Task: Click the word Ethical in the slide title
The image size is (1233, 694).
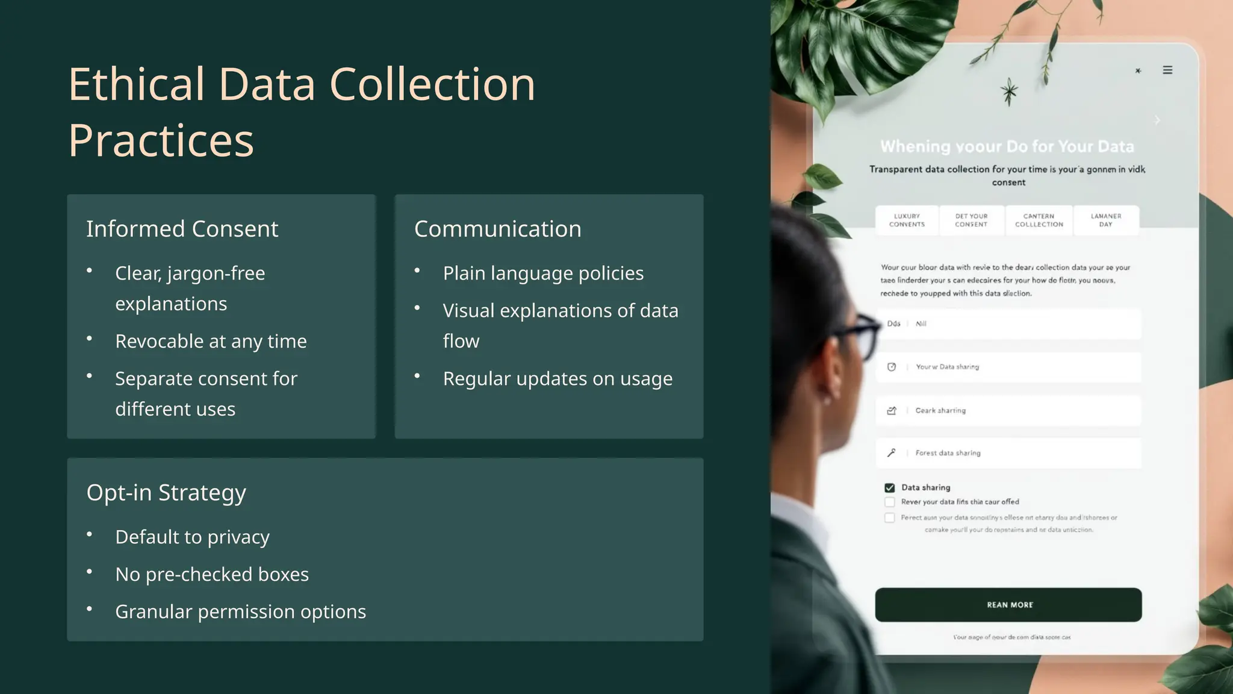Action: tap(137, 84)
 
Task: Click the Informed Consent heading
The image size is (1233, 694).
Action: tap(182, 229)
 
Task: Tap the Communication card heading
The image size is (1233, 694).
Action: tap(497, 229)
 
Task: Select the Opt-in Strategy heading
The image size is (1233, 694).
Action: tap(166, 493)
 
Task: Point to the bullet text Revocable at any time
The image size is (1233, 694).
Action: tap(211, 342)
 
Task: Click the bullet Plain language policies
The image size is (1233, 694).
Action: tap(543, 274)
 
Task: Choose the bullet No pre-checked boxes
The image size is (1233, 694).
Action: tap(212, 575)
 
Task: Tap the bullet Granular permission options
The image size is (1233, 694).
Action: tap(240, 612)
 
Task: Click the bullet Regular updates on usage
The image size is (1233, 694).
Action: tap(557, 379)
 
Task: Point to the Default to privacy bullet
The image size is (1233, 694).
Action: tap(192, 537)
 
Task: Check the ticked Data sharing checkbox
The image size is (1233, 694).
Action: tap(889, 488)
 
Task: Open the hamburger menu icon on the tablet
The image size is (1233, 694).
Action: tap(1167, 70)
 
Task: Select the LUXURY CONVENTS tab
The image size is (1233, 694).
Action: tap(907, 220)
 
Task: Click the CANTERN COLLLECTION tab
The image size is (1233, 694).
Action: tap(1039, 220)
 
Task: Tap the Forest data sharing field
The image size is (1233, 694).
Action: tap(1008, 453)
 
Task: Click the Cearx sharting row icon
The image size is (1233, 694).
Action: tap(892, 411)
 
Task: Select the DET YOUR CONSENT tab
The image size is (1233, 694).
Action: tap(971, 220)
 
